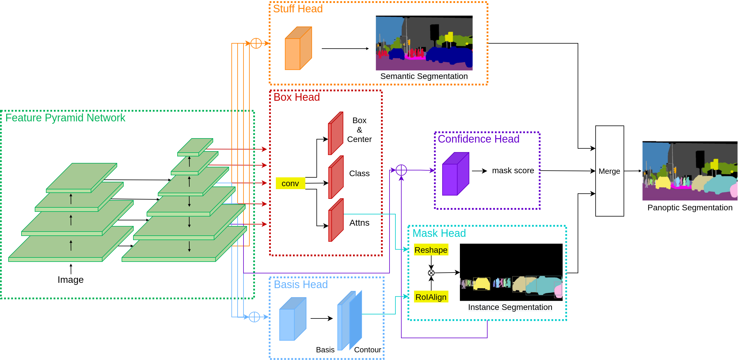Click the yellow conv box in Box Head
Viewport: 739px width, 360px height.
click(x=290, y=183)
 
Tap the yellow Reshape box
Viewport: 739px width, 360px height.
click(x=431, y=250)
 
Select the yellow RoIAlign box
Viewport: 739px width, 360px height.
click(x=431, y=297)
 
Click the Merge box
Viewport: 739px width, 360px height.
click(x=609, y=171)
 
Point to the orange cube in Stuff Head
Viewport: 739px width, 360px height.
click(x=298, y=49)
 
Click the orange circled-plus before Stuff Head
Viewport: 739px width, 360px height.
click(x=256, y=43)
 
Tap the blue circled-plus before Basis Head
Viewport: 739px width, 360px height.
click(x=254, y=317)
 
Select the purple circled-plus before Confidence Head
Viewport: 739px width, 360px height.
click(x=401, y=170)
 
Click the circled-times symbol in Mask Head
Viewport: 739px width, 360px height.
click(x=431, y=273)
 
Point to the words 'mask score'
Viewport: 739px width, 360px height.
click(x=513, y=171)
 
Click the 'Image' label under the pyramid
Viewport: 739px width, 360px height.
click(x=71, y=280)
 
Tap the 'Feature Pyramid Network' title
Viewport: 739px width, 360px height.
click(x=65, y=118)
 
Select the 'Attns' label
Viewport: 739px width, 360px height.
click(x=359, y=223)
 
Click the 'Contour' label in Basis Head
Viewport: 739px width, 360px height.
click(x=367, y=350)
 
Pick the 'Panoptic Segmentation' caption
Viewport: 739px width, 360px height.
click(x=690, y=208)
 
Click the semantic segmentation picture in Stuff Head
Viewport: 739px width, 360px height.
click(x=424, y=43)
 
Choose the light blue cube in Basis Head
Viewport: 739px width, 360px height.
click(x=293, y=319)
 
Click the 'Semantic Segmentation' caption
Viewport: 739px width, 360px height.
click(x=424, y=76)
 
